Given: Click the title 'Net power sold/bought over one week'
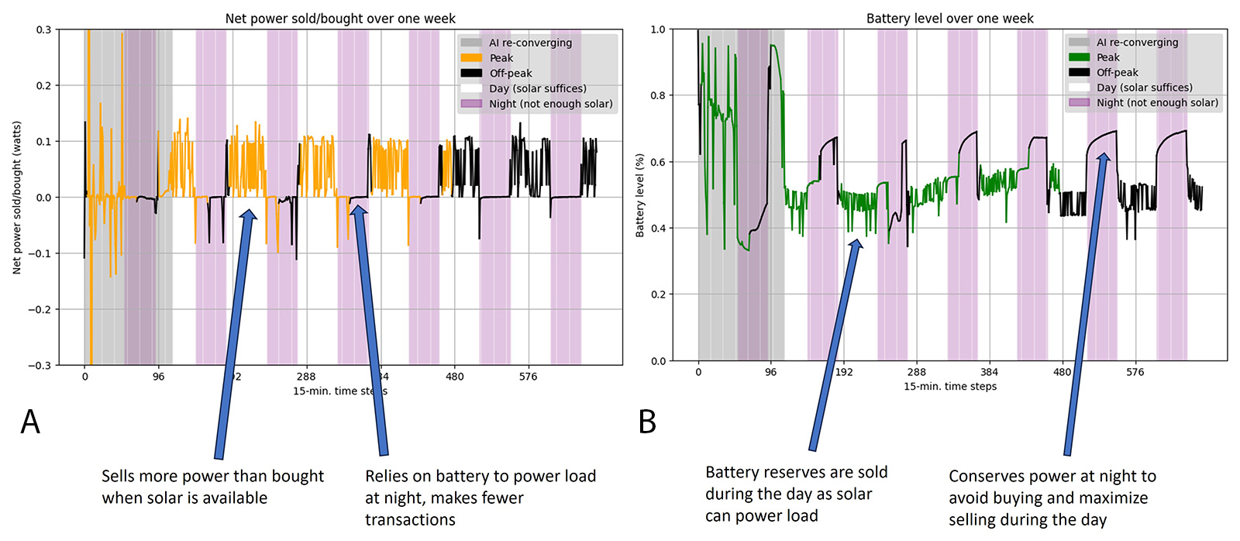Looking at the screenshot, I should [340, 18].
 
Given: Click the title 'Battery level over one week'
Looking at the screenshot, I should [949, 18].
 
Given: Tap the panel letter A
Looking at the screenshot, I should [30, 422].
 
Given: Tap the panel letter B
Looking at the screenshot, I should [647, 422].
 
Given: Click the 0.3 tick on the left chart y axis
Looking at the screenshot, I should [43, 29].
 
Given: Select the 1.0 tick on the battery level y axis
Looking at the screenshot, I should [657, 29].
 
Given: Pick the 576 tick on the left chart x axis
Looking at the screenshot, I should [528, 377].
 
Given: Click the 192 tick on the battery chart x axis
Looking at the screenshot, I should [844, 372].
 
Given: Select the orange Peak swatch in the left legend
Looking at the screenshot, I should [471, 58].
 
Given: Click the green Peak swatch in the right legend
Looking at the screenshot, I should [1079, 57].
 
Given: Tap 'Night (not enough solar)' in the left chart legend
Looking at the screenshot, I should [550, 104].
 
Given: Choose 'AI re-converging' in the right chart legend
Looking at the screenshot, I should [1137, 43].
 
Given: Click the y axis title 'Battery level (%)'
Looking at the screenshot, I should [640, 195].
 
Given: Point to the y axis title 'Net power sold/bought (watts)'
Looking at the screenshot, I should [17, 198].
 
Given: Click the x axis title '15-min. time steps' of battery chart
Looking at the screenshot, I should [949, 386].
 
